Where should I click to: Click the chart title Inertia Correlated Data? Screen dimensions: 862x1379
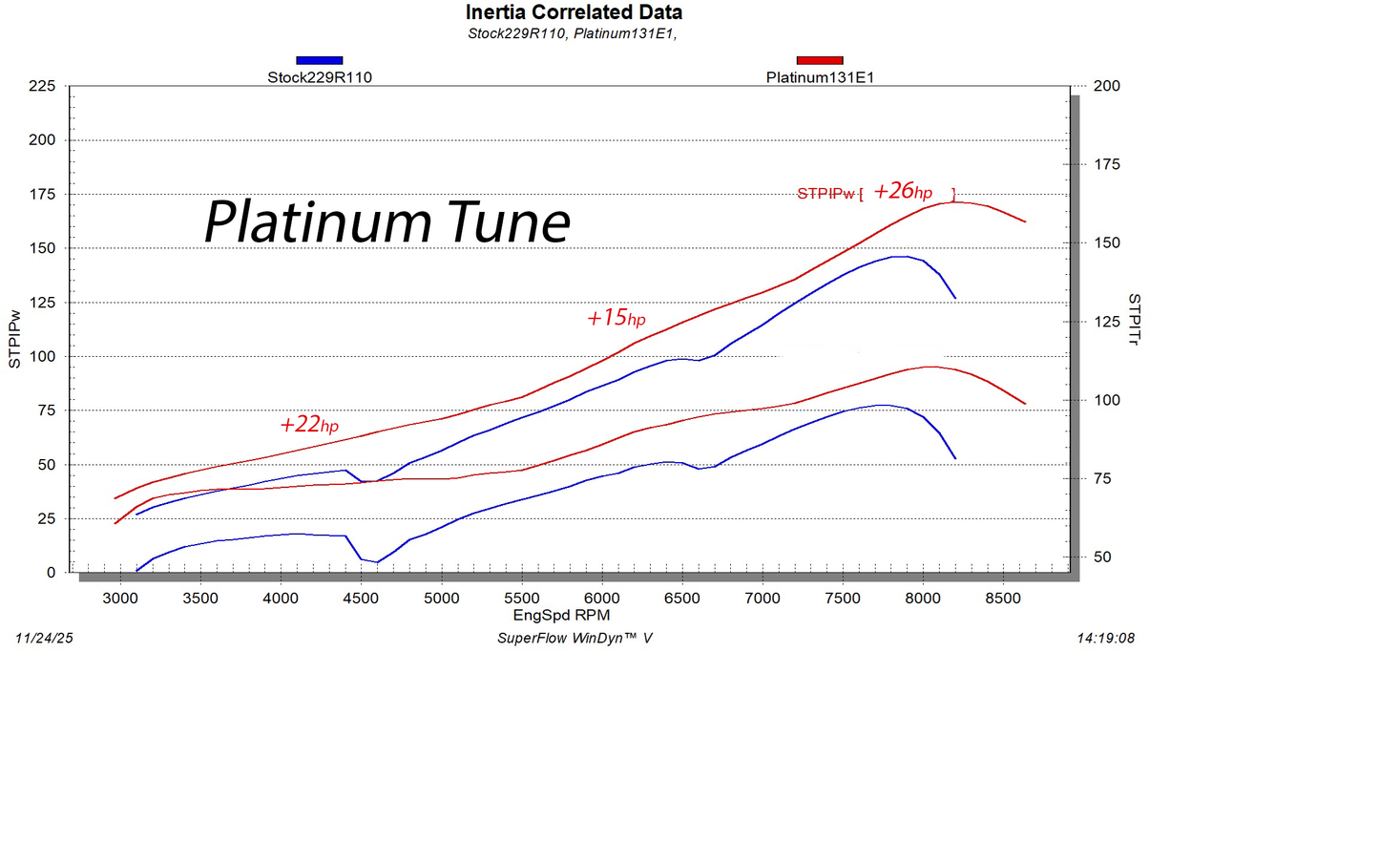pos(574,12)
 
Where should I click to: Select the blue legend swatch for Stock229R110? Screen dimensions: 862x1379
pos(319,60)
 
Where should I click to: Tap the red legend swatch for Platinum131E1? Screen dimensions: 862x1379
pos(819,60)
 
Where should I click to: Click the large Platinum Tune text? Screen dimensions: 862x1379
pos(387,221)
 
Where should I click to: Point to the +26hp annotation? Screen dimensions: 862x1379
pos(902,191)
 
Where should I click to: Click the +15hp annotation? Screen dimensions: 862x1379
pos(616,318)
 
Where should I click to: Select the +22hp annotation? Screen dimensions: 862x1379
pos(308,425)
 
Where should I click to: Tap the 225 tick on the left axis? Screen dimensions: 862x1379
pos(42,86)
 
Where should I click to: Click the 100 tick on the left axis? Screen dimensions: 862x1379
pos(42,356)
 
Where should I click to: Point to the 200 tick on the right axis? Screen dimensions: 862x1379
pos(1106,86)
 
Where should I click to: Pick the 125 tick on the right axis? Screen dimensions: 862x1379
pos(1106,322)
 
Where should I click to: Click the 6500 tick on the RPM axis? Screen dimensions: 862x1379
pos(681,599)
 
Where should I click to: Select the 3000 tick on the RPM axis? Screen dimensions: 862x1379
pos(120,599)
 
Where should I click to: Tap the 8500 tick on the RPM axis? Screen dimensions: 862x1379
pos(1002,599)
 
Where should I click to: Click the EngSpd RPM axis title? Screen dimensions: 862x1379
pos(561,616)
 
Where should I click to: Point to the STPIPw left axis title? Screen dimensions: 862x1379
pos(14,339)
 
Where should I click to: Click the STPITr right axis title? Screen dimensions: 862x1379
pos(1134,319)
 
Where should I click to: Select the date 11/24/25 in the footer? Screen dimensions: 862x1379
pos(44,638)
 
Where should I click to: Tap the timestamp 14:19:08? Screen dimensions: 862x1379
pos(1105,638)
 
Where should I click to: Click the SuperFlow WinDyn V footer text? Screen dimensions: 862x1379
pos(575,638)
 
